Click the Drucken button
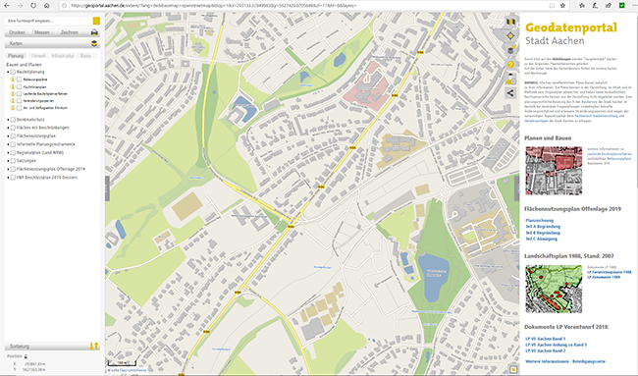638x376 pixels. pos(18,32)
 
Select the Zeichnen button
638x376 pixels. pos(70,32)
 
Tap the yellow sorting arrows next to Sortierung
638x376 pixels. pos(93,345)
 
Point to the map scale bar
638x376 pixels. pos(133,369)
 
